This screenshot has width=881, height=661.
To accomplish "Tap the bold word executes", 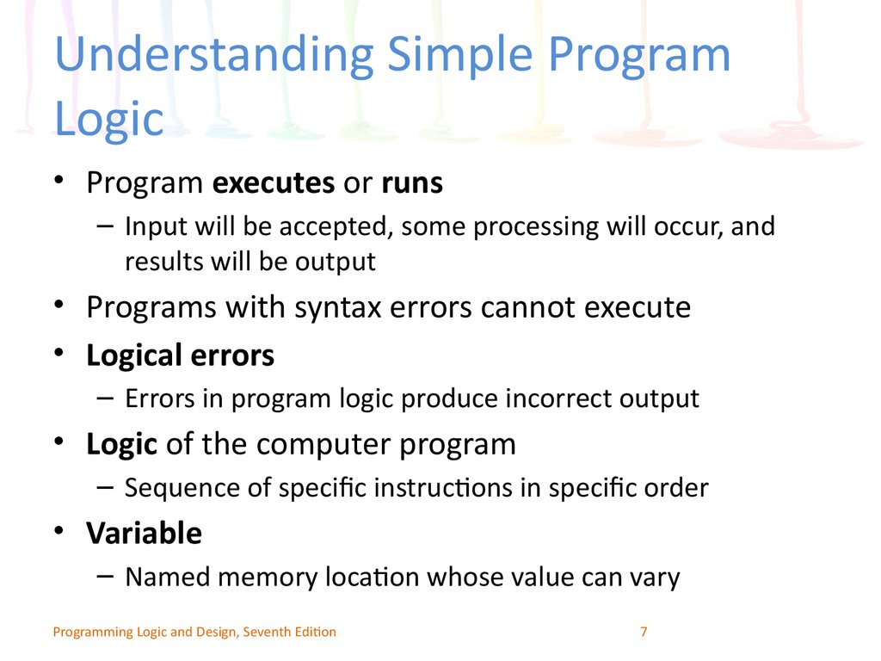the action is click(x=274, y=182).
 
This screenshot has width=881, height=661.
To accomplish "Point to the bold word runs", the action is click(x=412, y=184).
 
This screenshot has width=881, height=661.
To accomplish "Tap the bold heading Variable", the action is click(x=144, y=533).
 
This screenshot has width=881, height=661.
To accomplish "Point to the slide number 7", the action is click(x=644, y=632).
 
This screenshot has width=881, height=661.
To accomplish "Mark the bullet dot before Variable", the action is click(x=59, y=531).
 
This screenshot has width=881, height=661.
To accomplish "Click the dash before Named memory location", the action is click(x=105, y=576).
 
